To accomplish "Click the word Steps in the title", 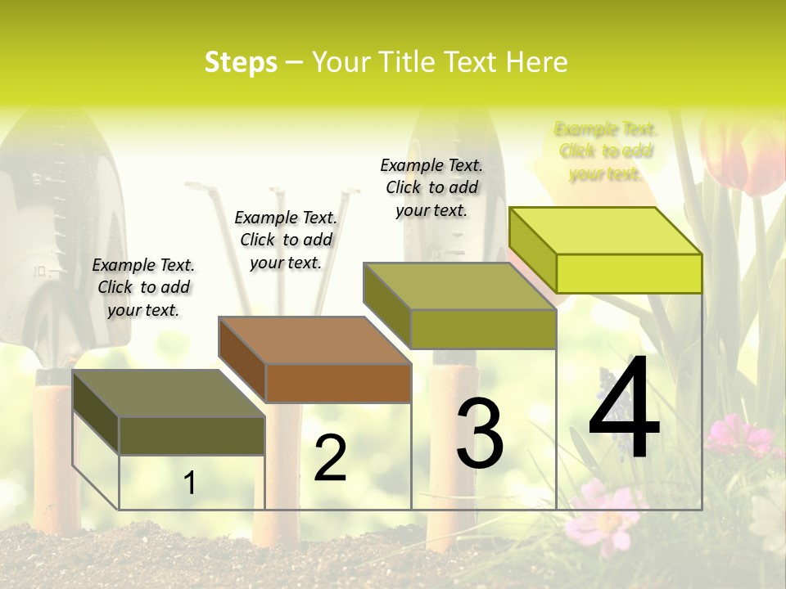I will point(241,62).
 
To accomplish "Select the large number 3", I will point(480,434).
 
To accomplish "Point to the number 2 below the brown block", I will point(330,458).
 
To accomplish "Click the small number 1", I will point(189,483).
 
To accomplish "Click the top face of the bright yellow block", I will point(606,231).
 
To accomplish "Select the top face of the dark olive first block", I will point(169,393).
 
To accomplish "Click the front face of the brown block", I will point(338,383).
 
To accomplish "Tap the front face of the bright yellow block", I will point(629,273).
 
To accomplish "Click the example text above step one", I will point(143,287).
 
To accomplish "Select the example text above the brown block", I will point(286,240).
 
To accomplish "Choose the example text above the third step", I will point(431,187).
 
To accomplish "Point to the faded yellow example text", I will point(606,151).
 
